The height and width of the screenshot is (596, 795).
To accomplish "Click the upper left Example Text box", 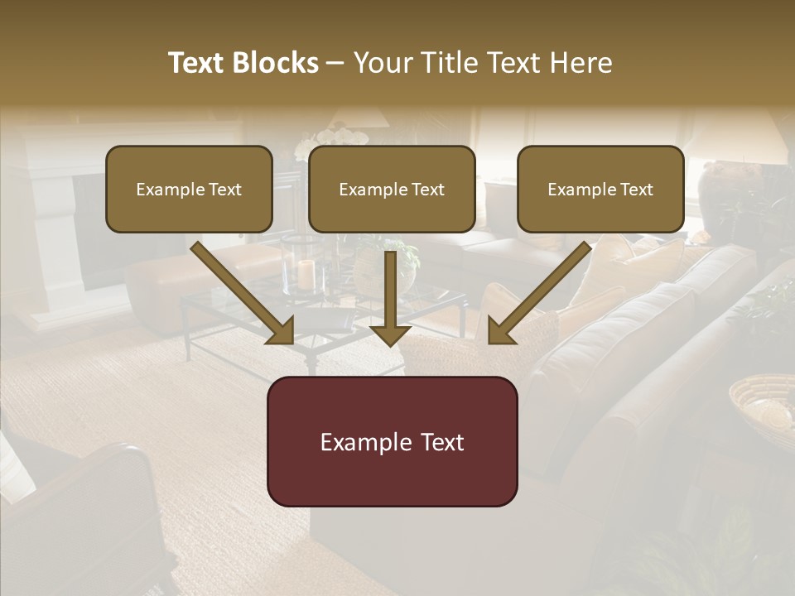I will [189, 189].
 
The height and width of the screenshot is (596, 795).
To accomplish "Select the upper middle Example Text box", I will [392, 189].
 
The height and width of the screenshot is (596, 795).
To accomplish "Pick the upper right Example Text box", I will [600, 189].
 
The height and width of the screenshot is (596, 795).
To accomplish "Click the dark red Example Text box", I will [392, 441].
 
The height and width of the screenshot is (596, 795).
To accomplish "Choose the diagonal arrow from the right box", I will [538, 293].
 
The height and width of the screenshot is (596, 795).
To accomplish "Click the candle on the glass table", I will [306, 274].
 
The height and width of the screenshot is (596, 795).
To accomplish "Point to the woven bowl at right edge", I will [762, 402].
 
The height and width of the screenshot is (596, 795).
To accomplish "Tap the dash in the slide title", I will [335, 63].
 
